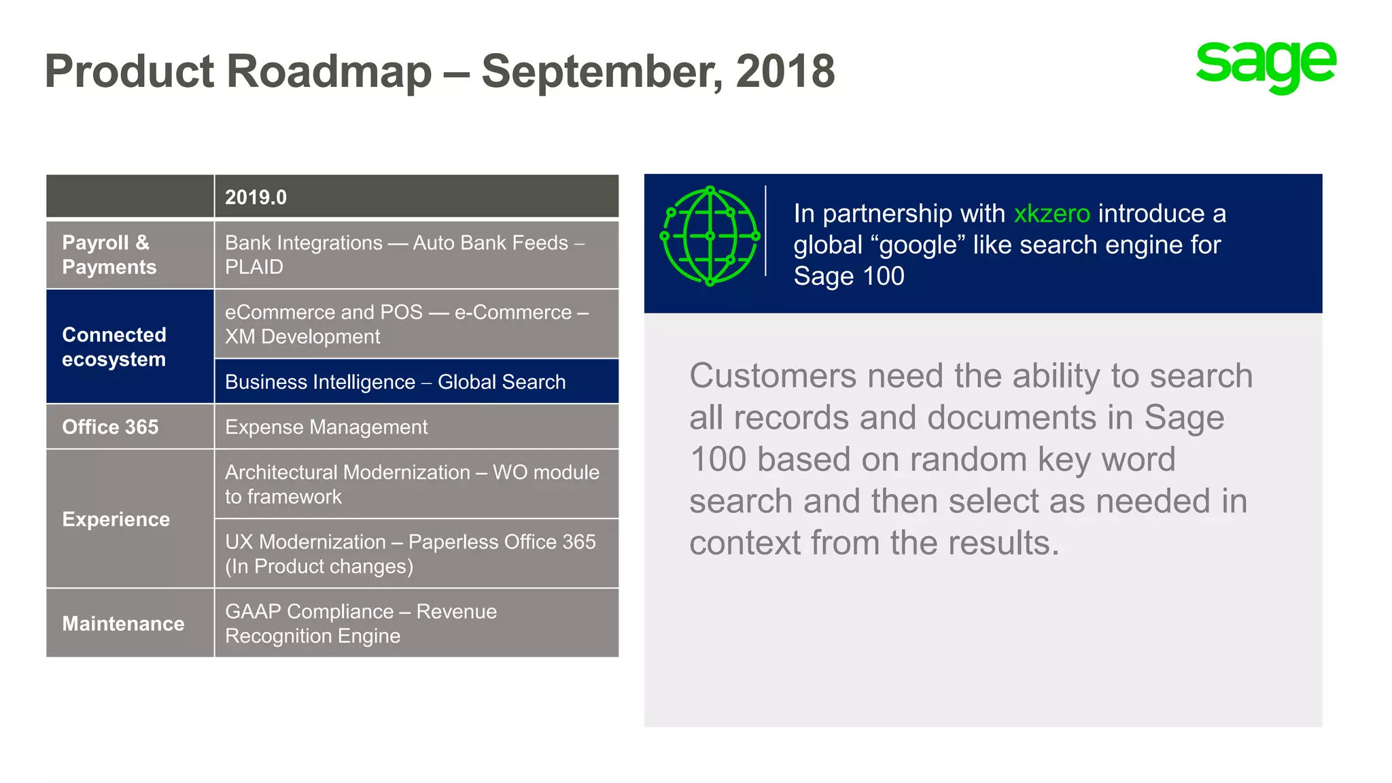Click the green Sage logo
[x=1266, y=67]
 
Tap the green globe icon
[x=710, y=236]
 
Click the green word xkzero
[x=1051, y=213]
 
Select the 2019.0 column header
[x=256, y=197]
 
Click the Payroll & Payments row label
[x=109, y=255]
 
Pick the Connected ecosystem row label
[x=114, y=347]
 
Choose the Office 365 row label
[x=110, y=427]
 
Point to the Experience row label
[x=116, y=519]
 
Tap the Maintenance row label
[x=123, y=623]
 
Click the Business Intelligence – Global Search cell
[x=395, y=382]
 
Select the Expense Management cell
[x=326, y=427]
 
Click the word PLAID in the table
[x=254, y=267]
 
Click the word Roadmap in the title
[x=329, y=71]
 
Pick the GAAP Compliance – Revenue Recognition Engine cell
[x=361, y=623]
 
